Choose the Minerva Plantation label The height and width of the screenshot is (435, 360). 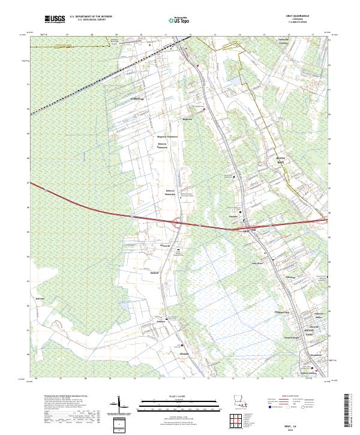pyautogui.click(x=162, y=146)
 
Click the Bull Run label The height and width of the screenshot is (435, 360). pyautogui.click(x=41, y=298)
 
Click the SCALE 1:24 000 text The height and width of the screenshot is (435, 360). pyautogui.click(x=180, y=396)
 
